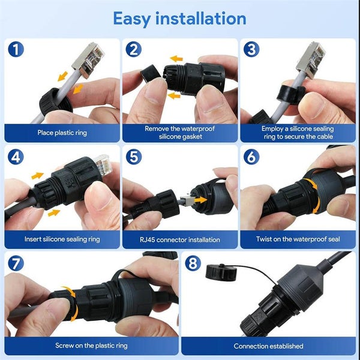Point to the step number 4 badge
(16, 157)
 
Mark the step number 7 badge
(16, 263)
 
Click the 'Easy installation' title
(179, 18)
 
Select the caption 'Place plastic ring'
(62, 133)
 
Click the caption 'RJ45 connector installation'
(179, 239)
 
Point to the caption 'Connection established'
(268, 346)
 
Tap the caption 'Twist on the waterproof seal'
(298, 239)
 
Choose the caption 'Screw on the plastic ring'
(91, 346)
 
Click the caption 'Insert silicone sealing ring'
(62, 239)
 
